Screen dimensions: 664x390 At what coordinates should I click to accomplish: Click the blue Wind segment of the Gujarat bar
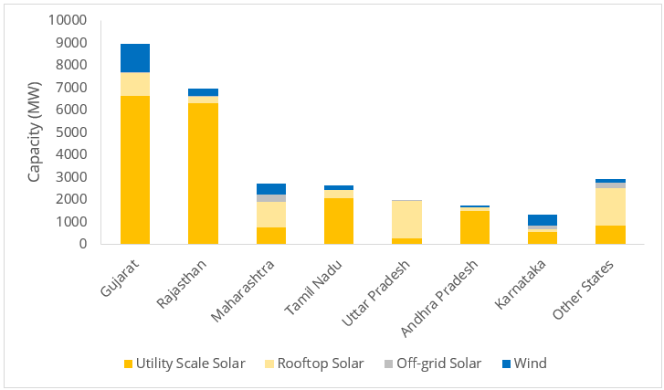tap(135, 58)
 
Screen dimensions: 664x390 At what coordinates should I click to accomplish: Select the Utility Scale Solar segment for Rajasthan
tap(204, 174)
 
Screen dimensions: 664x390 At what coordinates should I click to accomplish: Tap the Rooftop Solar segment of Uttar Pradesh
tap(407, 219)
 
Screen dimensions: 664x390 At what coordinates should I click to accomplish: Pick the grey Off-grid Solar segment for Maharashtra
tap(271, 198)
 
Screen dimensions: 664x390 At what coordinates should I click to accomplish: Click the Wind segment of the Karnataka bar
tap(543, 220)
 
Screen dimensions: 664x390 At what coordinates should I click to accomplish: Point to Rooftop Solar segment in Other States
tap(610, 206)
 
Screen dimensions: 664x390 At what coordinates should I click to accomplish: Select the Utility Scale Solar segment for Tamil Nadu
tap(339, 221)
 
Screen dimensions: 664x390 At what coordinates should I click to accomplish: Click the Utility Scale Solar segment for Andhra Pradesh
tap(475, 227)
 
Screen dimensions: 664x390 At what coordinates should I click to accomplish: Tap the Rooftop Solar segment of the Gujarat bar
tap(135, 84)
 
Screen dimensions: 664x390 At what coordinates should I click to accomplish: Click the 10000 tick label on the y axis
tap(68, 20)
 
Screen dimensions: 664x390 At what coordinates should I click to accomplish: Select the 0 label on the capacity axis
tap(83, 244)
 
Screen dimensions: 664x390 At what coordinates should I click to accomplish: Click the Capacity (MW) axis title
tap(35, 132)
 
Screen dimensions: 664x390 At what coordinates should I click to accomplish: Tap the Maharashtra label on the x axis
tap(243, 291)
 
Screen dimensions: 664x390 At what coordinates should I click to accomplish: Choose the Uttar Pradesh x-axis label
tap(376, 293)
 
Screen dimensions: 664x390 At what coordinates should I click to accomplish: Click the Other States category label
tap(584, 290)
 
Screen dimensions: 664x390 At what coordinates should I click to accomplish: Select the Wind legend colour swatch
tap(506, 364)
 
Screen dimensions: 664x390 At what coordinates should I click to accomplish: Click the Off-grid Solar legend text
tap(438, 364)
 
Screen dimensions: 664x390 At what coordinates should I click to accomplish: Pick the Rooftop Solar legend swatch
tap(269, 364)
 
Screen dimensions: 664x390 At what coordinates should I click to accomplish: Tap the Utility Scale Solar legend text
tap(191, 364)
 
